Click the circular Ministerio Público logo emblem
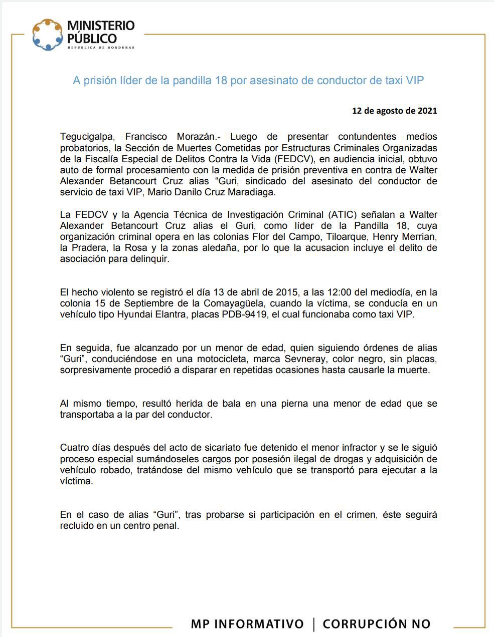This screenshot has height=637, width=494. (x=48, y=35)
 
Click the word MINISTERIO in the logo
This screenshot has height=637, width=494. (x=101, y=26)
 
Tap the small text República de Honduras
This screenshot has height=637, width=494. (x=101, y=48)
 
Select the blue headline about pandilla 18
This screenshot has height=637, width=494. (x=248, y=80)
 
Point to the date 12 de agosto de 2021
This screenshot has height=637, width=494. (x=394, y=111)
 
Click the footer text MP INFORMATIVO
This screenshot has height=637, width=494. (x=247, y=624)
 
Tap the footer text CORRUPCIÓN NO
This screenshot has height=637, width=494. (x=377, y=624)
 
